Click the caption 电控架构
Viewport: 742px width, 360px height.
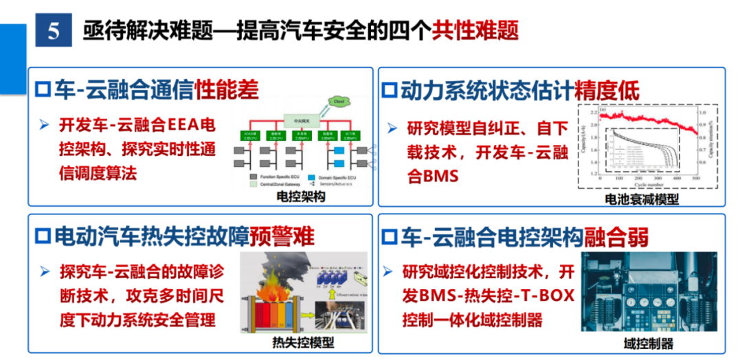tap(300, 197)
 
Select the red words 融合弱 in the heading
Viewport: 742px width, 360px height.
tap(616, 236)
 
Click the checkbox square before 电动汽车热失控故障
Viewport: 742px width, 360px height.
tap(43, 236)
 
